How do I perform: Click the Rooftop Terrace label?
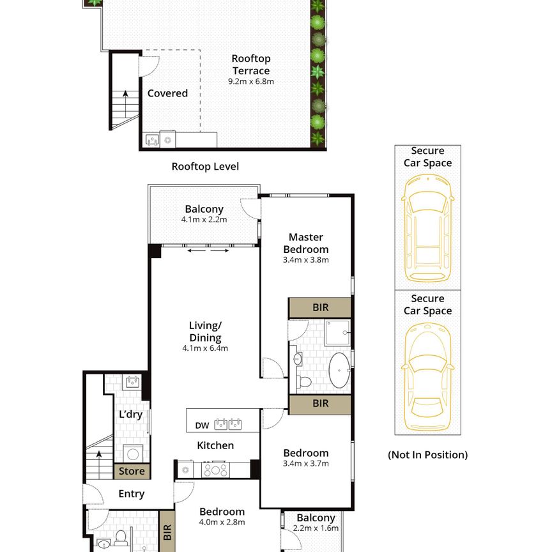coord(250,65)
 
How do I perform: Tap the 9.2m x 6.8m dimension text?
coord(250,81)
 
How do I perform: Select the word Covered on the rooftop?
coord(167,93)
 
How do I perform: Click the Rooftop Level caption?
coord(205,167)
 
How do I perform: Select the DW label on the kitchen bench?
coord(202,424)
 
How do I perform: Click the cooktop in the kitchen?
coord(215,470)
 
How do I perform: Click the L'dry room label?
coord(130,415)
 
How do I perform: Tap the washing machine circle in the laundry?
coord(134,454)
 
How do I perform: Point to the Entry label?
coord(132,494)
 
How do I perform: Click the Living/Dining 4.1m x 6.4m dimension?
coord(205,348)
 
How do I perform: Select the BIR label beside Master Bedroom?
coord(320,307)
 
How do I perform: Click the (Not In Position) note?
coord(427,455)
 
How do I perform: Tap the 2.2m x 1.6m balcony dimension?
coord(316,529)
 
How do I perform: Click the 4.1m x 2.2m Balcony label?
coord(204,219)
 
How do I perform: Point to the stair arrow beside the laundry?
coord(98,456)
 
